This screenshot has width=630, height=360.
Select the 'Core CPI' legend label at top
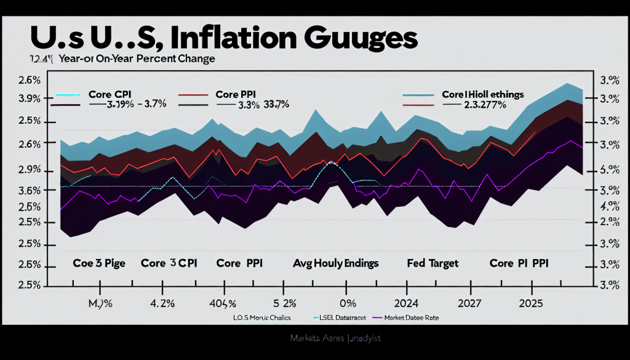pyautogui.click(x=110, y=94)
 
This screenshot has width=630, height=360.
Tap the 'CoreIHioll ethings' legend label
pyautogui.click(x=482, y=94)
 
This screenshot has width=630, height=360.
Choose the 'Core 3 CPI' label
pyautogui.click(x=169, y=263)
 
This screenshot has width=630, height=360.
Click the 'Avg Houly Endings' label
pyautogui.click(x=335, y=263)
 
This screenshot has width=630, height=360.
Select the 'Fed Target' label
pyautogui.click(x=433, y=263)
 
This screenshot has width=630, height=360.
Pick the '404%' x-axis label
pyautogui.click(x=222, y=303)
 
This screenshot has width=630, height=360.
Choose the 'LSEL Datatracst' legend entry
pyautogui.click(x=340, y=318)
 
